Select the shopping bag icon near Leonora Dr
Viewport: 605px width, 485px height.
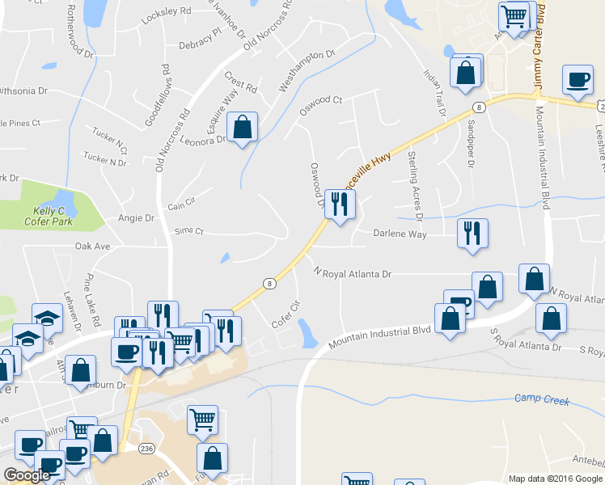pyautogui.click(x=242, y=127)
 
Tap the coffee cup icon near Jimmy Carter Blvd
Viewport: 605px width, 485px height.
pyautogui.click(x=577, y=79)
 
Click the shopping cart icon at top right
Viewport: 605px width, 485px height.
pyautogui.click(x=514, y=16)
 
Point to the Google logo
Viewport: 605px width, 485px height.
pyautogui.click(x=27, y=475)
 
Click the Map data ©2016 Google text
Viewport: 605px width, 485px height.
pyautogui.click(x=555, y=478)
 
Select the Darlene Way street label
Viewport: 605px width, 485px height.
pyautogui.click(x=399, y=234)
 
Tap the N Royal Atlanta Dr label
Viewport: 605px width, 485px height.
pyautogui.click(x=357, y=274)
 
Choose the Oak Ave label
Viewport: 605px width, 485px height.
pyautogui.click(x=91, y=246)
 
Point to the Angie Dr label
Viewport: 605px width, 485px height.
pyautogui.click(x=136, y=218)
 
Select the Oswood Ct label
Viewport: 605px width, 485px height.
pyautogui.click(x=321, y=105)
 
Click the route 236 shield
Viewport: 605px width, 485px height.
pyautogui.click(x=146, y=448)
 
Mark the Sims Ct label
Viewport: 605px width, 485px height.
pyautogui.click(x=188, y=232)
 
